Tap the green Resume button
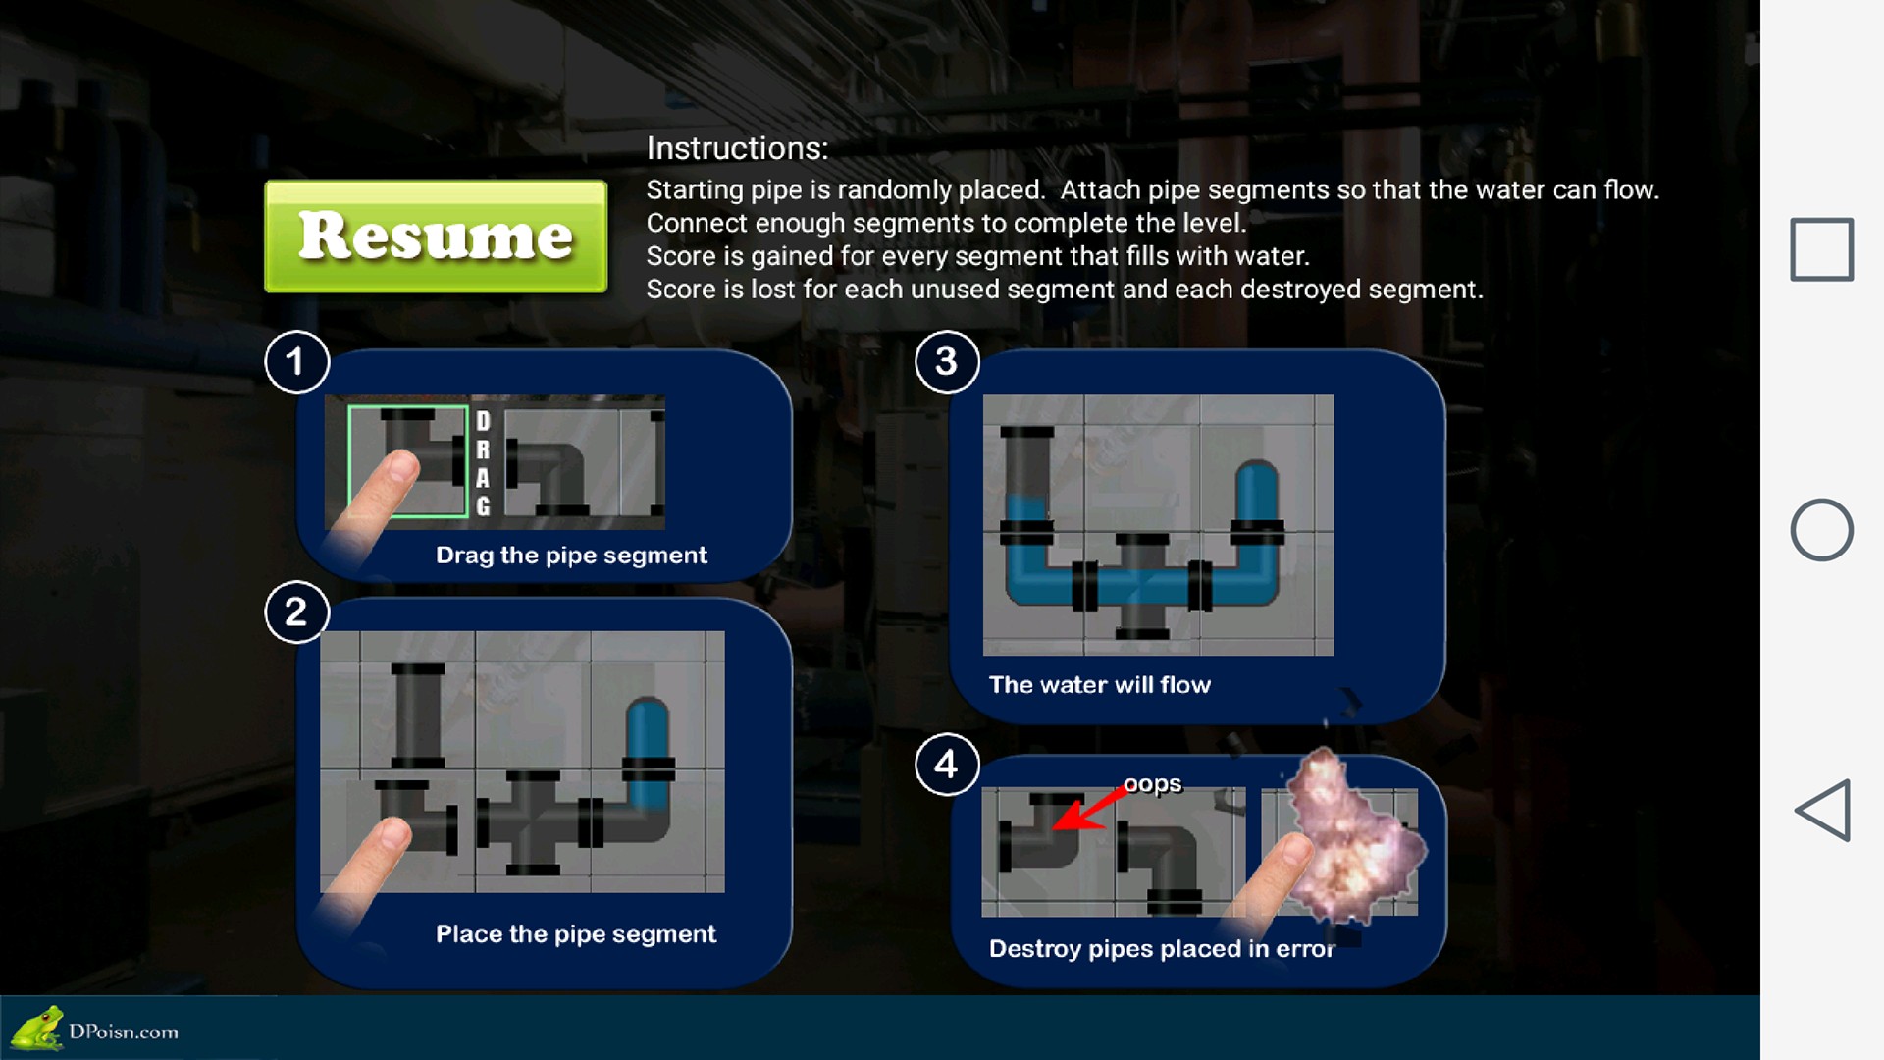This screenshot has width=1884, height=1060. coord(436,236)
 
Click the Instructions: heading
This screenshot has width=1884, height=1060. coord(737,148)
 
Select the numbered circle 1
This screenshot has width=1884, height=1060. coord(296,361)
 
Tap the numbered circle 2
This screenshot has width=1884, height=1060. coord(296,611)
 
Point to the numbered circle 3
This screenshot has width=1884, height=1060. coord(947,361)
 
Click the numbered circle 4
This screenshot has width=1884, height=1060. coord(947,764)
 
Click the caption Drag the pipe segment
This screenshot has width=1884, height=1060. coord(571,556)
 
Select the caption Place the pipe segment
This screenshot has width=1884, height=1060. coord(576,934)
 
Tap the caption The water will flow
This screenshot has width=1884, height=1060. coord(1100,685)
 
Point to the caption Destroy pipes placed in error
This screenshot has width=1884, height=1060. coord(1162,949)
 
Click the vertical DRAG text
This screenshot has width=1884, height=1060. coord(483,463)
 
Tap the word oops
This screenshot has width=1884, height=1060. coord(1153,784)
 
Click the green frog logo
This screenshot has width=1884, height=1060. coord(37,1028)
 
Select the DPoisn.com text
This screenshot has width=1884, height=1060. coord(124,1032)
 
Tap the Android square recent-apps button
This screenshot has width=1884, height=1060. coord(1822,249)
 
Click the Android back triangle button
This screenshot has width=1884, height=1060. coord(1823,811)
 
